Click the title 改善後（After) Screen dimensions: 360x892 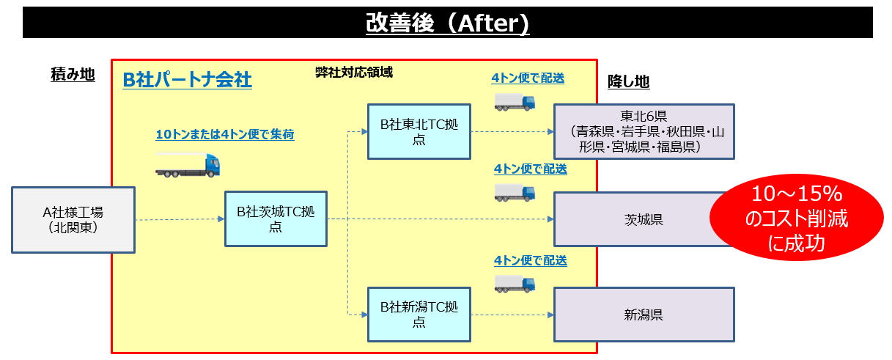447,23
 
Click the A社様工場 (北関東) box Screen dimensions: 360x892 73,220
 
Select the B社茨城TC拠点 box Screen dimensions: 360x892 276,218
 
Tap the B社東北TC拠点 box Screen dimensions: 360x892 419,132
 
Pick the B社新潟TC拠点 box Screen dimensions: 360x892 419,315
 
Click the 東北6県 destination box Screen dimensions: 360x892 644,132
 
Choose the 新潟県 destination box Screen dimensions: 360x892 644,315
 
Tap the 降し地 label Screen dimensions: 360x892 628,82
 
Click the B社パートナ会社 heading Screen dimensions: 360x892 188,80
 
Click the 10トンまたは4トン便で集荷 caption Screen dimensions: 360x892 225,134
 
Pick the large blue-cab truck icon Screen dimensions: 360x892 187,165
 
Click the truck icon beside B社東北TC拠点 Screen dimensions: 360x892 515,101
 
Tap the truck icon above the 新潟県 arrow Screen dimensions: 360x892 515,284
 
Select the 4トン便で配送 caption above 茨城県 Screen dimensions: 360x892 530,169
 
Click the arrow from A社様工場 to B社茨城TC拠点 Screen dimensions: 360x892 180,219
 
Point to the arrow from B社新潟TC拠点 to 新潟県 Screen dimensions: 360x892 511,315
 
